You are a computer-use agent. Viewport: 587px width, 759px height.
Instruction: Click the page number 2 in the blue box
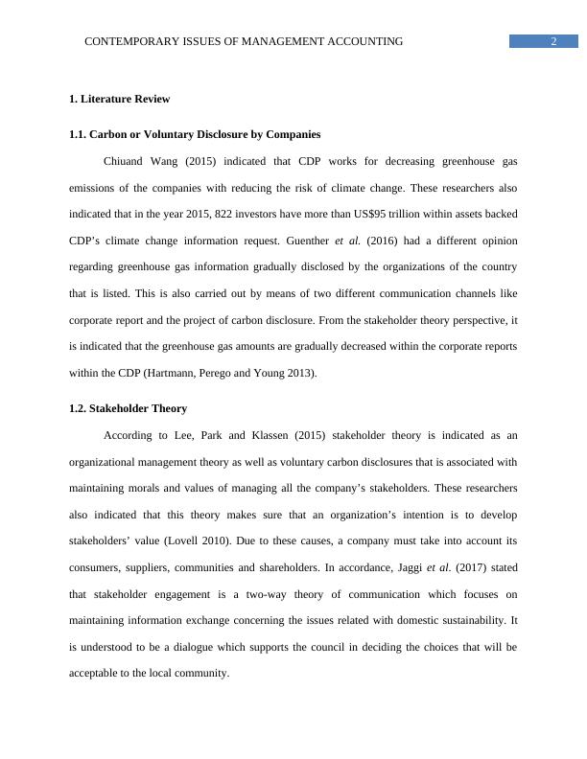(554, 40)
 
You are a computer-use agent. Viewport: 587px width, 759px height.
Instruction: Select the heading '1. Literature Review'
(120, 99)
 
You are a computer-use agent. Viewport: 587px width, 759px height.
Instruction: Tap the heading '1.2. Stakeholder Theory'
(128, 408)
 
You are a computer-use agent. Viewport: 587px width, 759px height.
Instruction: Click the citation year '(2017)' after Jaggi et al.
(463, 567)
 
